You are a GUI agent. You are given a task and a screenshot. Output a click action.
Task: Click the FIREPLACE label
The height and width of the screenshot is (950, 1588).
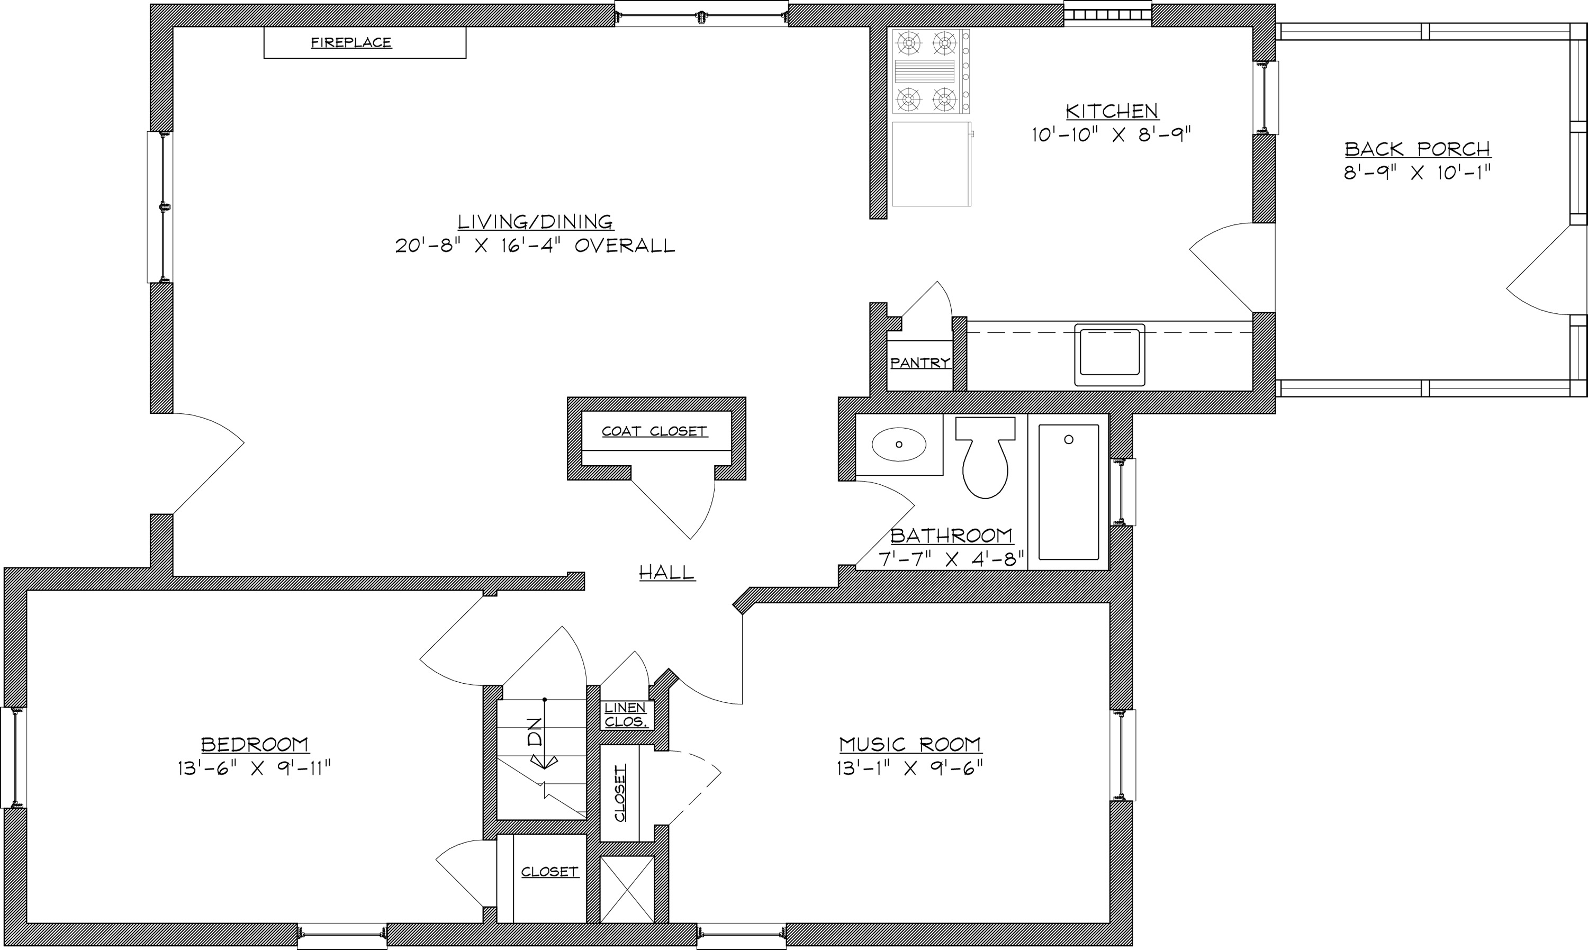[x=351, y=43]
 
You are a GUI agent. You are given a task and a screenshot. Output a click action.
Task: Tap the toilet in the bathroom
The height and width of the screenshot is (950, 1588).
[x=985, y=458]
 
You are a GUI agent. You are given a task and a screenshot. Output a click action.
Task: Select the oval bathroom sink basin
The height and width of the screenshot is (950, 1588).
[x=899, y=444]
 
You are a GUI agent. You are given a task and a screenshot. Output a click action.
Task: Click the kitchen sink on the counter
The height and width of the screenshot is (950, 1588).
[x=1109, y=355]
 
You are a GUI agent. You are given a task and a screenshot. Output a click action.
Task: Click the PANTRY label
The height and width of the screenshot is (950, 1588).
[x=920, y=363]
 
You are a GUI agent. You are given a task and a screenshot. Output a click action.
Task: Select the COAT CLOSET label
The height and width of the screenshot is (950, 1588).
[x=654, y=431]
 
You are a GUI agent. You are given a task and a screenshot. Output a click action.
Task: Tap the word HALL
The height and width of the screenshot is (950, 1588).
[x=667, y=572]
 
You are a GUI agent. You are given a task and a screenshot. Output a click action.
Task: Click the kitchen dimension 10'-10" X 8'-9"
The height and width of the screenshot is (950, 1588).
[x=1111, y=134]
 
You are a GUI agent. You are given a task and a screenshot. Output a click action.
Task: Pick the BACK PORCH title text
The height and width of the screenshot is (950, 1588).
[x=1418, y=149]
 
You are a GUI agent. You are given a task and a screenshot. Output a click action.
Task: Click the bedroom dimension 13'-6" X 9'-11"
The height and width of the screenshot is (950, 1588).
[x=254, y=767]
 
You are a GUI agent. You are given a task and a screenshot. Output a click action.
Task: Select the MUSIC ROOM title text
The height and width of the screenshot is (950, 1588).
[x=910, y=745]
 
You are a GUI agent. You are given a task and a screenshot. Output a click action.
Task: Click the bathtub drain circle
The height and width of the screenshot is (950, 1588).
[x=1068, y=439]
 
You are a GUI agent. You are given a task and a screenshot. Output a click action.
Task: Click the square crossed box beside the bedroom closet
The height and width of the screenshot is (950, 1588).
[x=627, y=889]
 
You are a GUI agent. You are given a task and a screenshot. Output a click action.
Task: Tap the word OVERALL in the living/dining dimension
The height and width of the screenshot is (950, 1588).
[x=625, y=246]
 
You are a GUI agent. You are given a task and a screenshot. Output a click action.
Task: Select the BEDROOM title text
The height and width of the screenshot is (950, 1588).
[x=255, y=745]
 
